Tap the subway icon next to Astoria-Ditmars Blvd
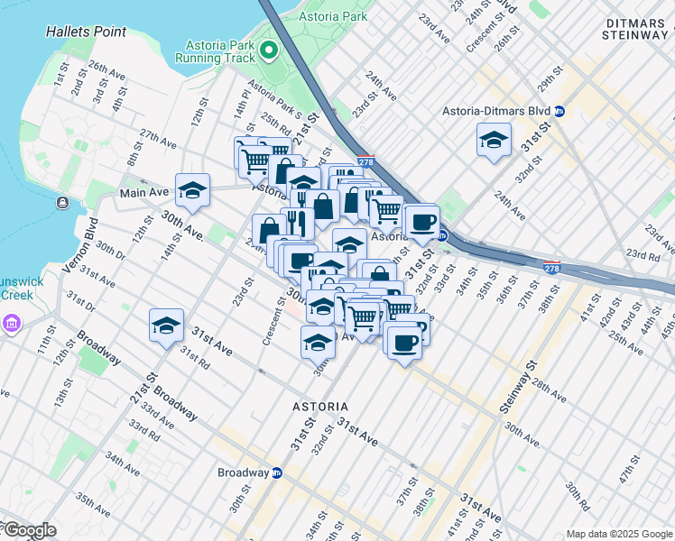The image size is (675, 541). pos(559,111)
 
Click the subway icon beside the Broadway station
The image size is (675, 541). pos(277,472)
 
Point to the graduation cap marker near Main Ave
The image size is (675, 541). pos(193,189)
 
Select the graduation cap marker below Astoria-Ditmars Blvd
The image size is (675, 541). pos(494,140)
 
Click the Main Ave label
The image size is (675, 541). pos(144,194)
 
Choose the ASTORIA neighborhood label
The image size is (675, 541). pos(320,407)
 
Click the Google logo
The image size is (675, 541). pos(29,529)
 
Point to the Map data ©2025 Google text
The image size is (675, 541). pos(619,534)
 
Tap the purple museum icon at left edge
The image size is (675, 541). pos(11,323)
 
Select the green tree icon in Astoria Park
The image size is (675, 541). pos(267,50)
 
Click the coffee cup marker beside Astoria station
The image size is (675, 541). pos(422,221)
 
